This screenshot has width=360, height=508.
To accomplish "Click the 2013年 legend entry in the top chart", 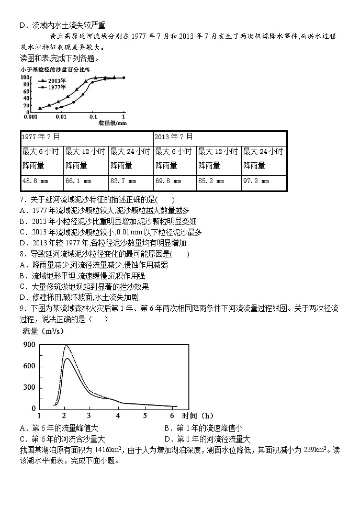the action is (55, 81).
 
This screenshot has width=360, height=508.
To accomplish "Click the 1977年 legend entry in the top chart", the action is (55, 87).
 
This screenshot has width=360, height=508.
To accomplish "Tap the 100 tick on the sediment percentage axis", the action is (25, 78).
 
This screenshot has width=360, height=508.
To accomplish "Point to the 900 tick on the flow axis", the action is (29, 344).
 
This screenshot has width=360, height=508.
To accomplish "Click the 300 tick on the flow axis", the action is (29, 388).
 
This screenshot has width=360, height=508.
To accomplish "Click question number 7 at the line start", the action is (22, 199).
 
